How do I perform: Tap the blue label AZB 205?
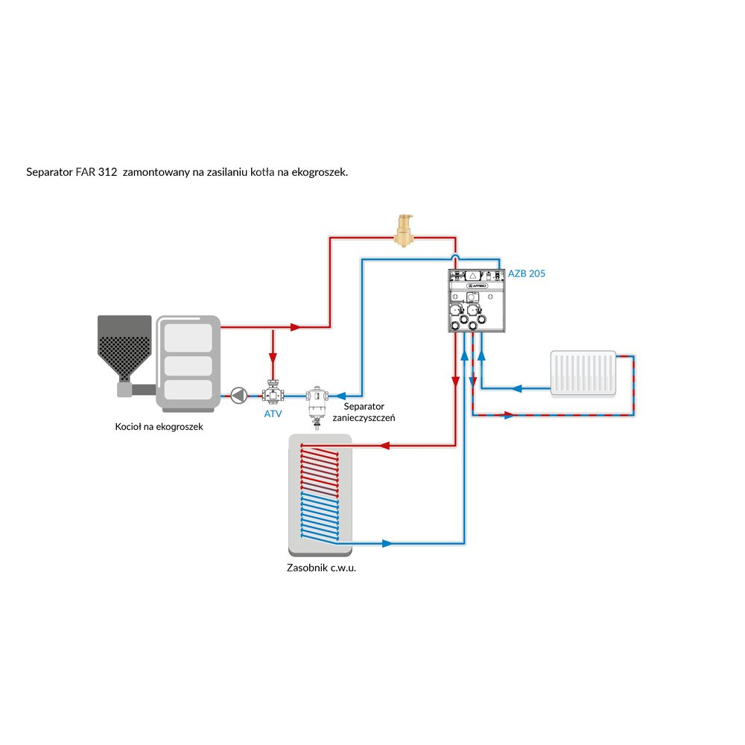point(527,273)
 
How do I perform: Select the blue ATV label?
point(273,413)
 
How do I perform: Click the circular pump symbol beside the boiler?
point(238,395)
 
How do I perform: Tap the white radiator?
point(584,372)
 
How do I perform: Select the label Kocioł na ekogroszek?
point(159,427)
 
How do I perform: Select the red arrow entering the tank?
point(386,446)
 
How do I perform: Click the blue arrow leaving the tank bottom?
point(386,543)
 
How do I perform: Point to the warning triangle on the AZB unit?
point(473,274)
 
